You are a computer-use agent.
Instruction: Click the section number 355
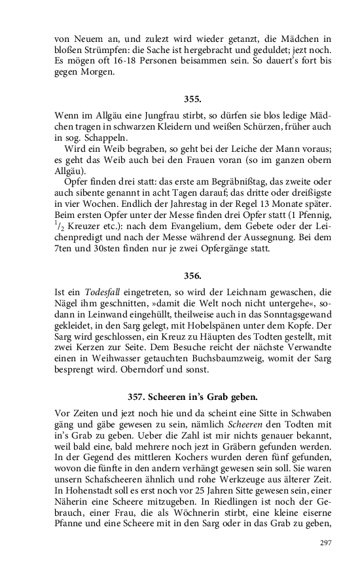click(x=192, y=99)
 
